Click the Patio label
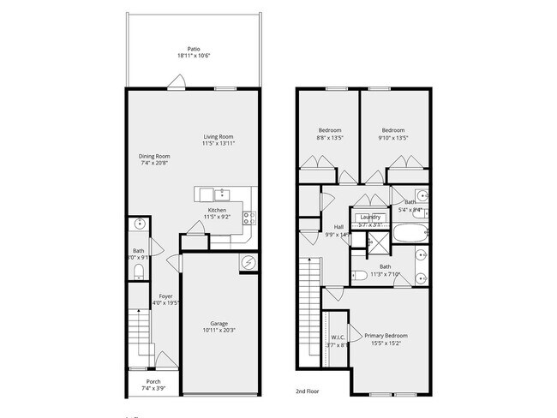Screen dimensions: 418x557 pyautogui.click(x=194, y=49)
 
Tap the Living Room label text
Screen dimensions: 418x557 pyautogui.click(x=218, y=137)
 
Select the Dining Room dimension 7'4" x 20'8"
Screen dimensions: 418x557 pyautogui.click(x=155, y=163)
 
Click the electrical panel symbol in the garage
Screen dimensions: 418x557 pyautogui.click(x=249, y=263)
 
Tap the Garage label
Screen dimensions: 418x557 pyautogui.click(x=219, y=323)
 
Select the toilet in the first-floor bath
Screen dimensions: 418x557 pyautogui.click(x=139, y=272)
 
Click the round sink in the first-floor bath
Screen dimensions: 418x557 pyautogui.click(x=139, y=225)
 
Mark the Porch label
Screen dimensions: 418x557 pyautogui.click(x=153, y=382)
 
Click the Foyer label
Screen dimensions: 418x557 pyautogui.click(x=165, y=296)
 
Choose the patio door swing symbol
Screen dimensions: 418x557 pyautogui.click(x=177, y=82)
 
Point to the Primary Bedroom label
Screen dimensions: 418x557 pyautogui.click(x=386, y=335)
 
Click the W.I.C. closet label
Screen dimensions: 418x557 pyautogui.click(x=338, y=337)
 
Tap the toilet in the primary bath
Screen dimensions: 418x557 pyautogui.click(x=361, y=274)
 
